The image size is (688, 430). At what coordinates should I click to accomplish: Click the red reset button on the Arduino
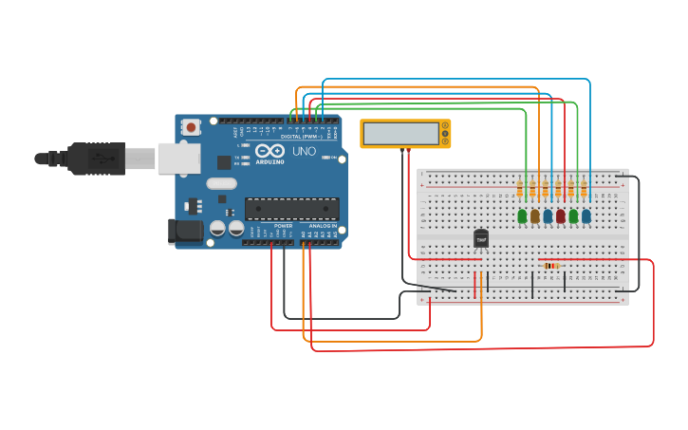point(192,126)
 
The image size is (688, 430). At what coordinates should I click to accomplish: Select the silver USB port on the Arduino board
point(178,159)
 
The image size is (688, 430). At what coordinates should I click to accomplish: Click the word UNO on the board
point(304,151)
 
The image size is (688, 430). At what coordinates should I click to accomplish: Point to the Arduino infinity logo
point(270,151)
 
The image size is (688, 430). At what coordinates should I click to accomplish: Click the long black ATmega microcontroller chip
point(291,209)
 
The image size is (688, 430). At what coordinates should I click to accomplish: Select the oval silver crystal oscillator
point(220,183)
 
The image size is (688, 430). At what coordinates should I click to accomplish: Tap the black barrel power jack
point(184,231)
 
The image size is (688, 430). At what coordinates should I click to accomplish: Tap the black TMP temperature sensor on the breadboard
point(481,239)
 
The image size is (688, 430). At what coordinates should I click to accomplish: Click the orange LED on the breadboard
point(534,216)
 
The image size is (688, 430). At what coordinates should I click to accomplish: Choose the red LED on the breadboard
point(560,216)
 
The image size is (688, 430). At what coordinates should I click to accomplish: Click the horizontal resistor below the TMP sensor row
point(552,266)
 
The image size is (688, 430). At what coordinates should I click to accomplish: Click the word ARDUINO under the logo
point(270,161)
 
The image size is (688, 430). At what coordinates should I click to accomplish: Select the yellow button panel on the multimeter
point(444,134)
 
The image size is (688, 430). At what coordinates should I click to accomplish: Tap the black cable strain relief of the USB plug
point(52,159)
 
